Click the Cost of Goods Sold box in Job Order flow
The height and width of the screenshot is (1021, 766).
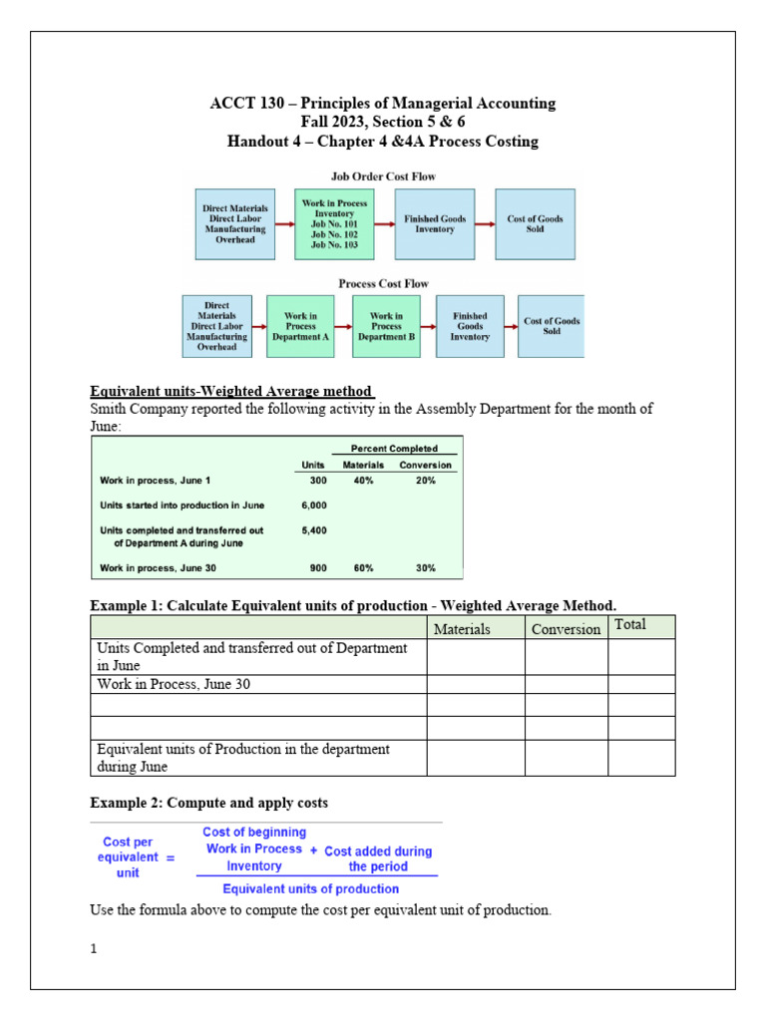pyautogui.click(x=535, y=224)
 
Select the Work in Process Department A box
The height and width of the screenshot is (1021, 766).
pyautogui.click(x=300, y=326)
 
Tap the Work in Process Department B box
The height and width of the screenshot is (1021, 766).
pyautogui.click(x=386, y=326)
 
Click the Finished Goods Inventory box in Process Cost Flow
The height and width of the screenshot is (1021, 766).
pyautogui.click(x=470, y=326)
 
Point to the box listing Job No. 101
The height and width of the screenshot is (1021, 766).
pyautogui.click(x=334, y=224)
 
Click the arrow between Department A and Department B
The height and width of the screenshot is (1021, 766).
pyautogui.click(x=343, y=326)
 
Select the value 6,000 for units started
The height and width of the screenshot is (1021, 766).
pyautogui.click(x=312, y=506)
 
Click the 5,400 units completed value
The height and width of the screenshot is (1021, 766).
pyautogui.click(x=312, y=530)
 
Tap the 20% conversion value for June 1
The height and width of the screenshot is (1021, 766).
pyautogui.click(x=425, y=481)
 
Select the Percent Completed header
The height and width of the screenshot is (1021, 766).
pyautogui.click(x=394, y=449)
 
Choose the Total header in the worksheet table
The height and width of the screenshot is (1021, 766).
pyautogui.click(x=630, y=625)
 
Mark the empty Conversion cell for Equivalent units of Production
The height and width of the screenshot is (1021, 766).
pyautogui.click(x=566, y=758)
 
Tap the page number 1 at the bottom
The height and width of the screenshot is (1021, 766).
pyautogui.click(x=94, y=949)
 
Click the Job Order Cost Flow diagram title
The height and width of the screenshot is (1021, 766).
pyautogui.click(x=384, y=176)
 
